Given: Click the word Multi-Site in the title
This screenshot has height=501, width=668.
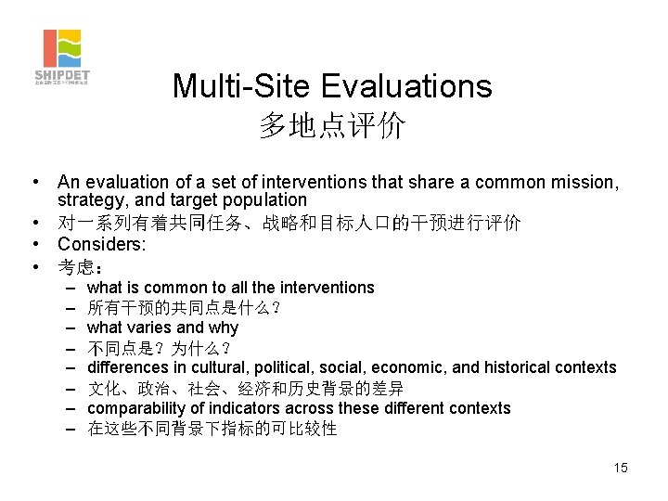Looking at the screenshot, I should pos(242,86).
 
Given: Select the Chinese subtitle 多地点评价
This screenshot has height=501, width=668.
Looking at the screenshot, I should pos(332,126).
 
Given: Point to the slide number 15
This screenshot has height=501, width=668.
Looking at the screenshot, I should pos(620,468).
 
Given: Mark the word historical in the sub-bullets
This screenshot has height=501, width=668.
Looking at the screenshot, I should pos(522,368).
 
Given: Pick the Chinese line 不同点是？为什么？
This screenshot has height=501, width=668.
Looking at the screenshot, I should pos(159,348).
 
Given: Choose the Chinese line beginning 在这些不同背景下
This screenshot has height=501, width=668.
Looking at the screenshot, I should pos(212,429).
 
